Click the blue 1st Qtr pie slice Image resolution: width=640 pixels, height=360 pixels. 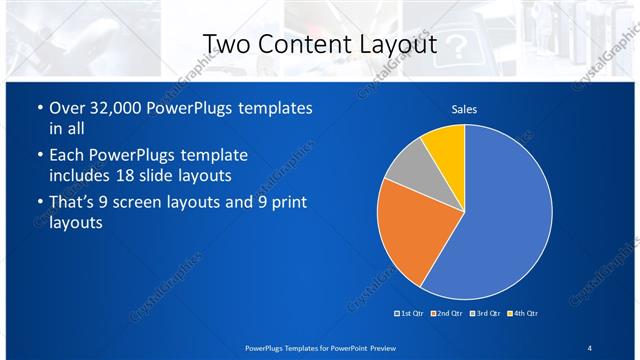(x=505, y=220)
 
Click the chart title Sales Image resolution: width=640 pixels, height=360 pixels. (x=464, y=109)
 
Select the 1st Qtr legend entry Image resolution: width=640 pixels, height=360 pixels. (x=411, y=314)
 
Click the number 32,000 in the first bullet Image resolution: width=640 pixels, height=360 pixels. (x=118, y=108)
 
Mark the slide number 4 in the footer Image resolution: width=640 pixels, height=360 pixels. (x=589, y=347)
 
